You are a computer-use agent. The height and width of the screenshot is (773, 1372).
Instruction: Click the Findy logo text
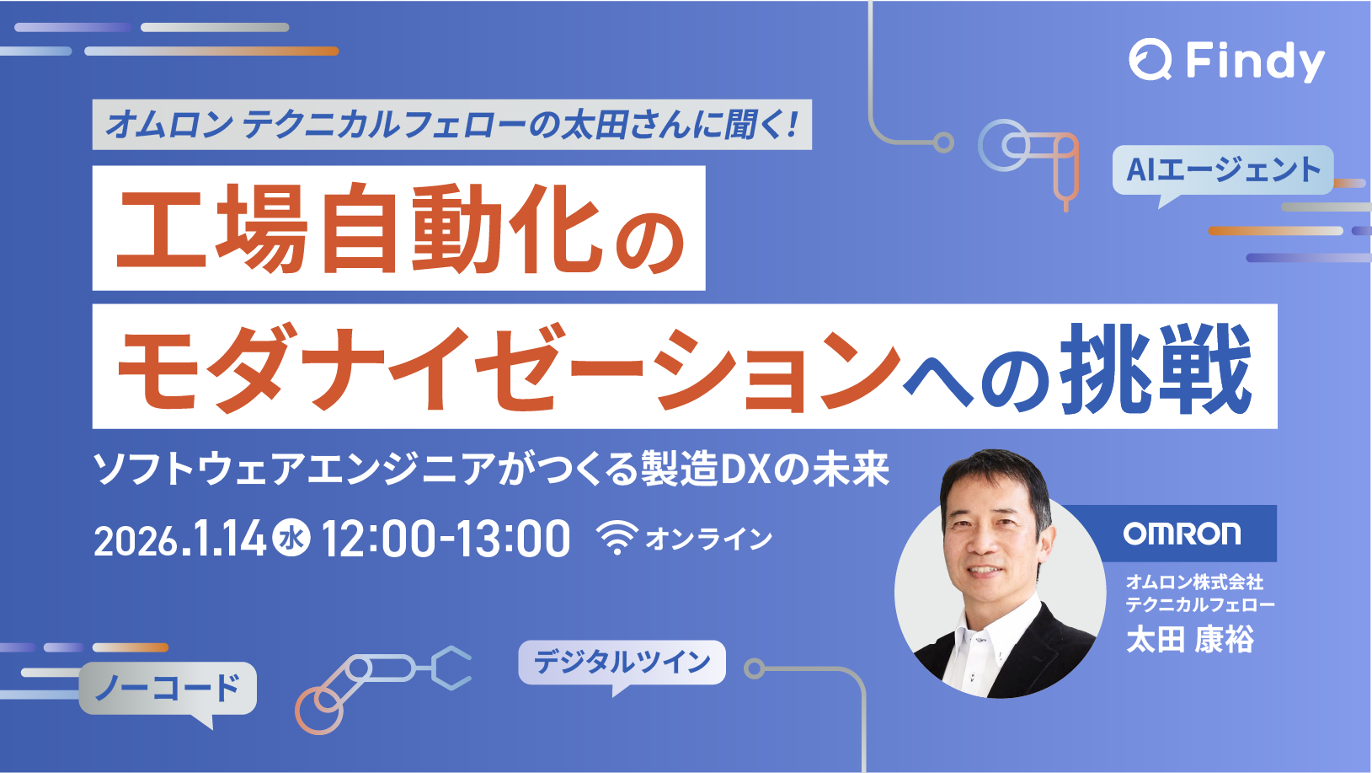coord(1255,62)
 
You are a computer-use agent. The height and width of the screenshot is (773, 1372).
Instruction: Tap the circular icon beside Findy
coord(1150,60)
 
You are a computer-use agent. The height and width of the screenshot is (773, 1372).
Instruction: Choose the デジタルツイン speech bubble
coord(622,666)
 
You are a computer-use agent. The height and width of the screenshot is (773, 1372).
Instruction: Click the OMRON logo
coord(1182,534)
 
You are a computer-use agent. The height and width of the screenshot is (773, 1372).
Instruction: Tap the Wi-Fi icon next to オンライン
coord(617,537)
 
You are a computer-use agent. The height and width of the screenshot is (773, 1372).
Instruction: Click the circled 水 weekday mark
coord(291,538)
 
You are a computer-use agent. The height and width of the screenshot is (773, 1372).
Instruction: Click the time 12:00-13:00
coord(446,538)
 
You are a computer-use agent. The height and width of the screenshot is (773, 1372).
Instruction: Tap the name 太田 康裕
coord(1189,639)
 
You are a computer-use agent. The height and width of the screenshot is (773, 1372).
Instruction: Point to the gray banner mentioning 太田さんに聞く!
coord(452,125)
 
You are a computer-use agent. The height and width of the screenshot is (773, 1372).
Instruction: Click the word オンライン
coord(708,538)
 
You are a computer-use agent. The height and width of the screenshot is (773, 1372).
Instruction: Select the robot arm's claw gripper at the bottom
coord(451,668)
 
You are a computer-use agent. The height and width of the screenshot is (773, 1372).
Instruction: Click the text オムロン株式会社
coord(1194,581)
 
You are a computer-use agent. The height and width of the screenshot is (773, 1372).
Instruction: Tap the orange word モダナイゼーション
coord(509,368)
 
